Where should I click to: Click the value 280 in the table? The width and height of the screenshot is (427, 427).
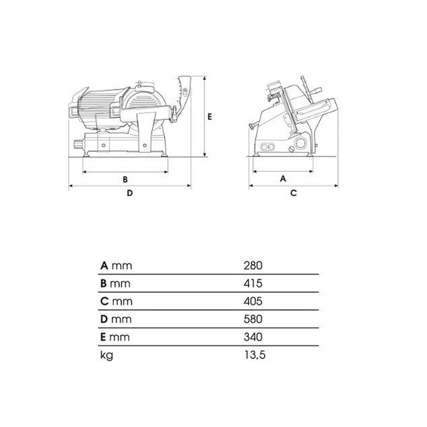(252, 265)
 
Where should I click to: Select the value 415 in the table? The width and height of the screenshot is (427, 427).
(252, 283)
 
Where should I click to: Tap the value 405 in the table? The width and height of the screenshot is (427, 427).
(252, 301)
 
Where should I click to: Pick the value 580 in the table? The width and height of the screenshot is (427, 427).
(252, 319)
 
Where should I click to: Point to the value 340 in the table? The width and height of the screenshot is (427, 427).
(252, 337)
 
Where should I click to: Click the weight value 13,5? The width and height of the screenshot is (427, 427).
(255, 355)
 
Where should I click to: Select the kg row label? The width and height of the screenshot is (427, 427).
(106, 355)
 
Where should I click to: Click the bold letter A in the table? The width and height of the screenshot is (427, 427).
(104, 265)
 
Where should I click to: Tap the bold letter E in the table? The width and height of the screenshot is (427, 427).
(103, 337)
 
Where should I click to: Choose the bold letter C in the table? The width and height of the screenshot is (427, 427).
(104, 301)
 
